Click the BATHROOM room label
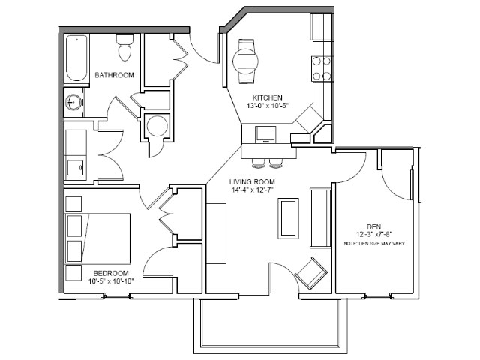[x=114, y=75]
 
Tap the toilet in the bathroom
[x=124, y=47]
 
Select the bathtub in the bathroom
[x=76, y=58]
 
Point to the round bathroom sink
[x=73, y=102]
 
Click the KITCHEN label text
[x=267, y=98]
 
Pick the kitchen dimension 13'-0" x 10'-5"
[x=268, y=106]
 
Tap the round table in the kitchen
[x=245, y=61]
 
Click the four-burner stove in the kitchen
[x=322, y=68]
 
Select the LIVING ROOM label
[x=252, y=181]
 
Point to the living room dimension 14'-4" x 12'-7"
[x=252, y=190]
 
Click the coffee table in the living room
[x=288, y=218]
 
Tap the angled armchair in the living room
[x=311, y=273]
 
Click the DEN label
[x=374, y=226]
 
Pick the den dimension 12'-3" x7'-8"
[x=374, y=235]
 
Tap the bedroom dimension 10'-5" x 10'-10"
[x=111, y=280]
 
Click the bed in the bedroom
[x=98, y=238]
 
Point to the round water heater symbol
[x=157, y=126]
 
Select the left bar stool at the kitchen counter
[x=258, y=164]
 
